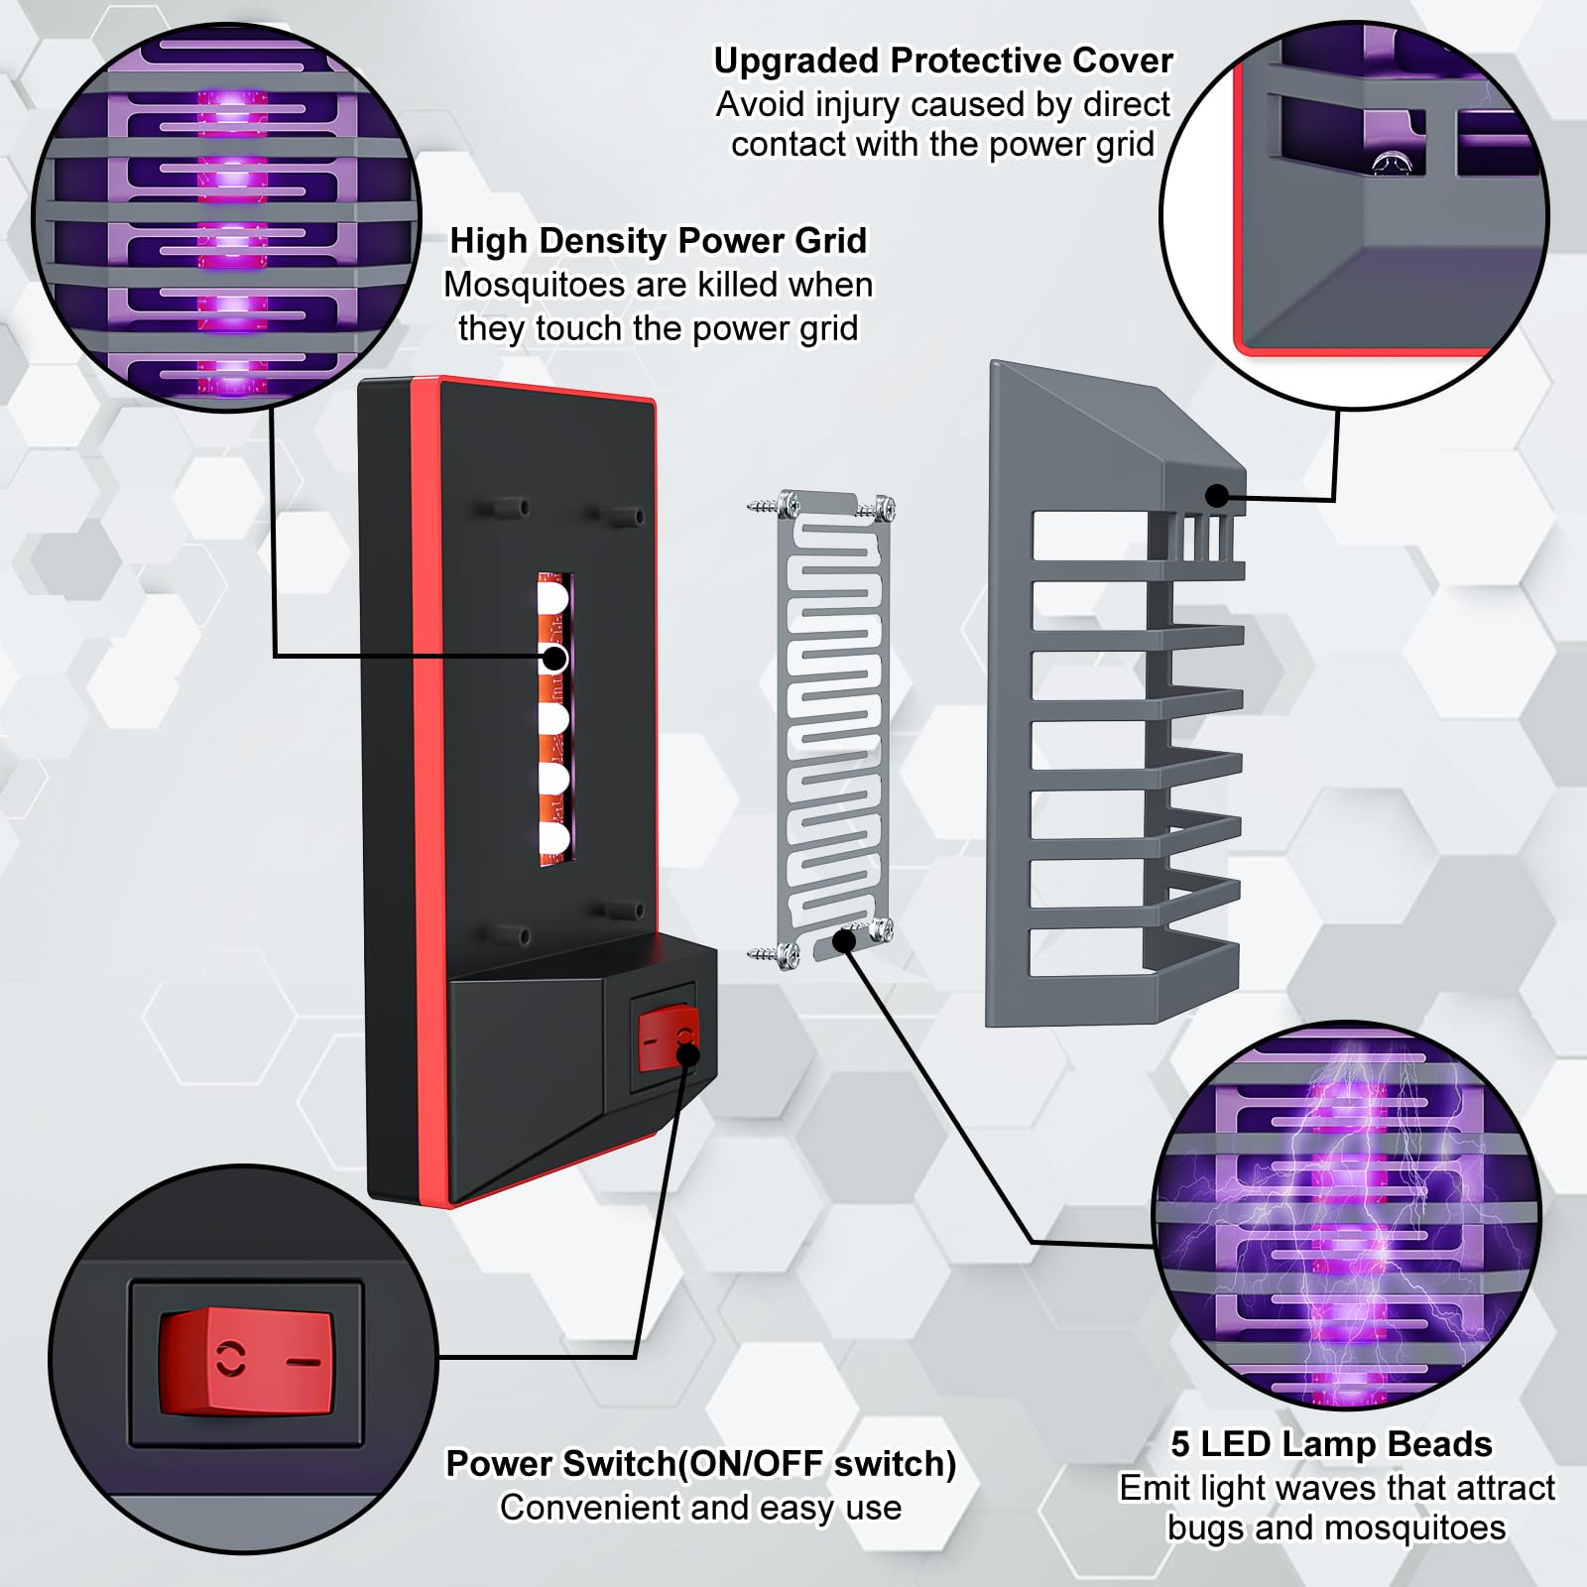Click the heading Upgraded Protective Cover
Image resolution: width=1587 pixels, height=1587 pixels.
943,61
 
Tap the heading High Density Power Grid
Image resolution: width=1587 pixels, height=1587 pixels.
659,241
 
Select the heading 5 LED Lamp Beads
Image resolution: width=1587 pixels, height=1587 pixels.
1331,1444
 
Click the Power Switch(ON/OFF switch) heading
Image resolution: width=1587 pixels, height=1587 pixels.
701,1464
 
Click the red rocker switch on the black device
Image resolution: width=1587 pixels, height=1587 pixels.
668,1038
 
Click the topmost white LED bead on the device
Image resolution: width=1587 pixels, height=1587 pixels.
552,598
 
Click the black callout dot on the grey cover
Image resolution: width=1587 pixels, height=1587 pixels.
1218,496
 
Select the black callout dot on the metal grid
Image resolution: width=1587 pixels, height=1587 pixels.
844,939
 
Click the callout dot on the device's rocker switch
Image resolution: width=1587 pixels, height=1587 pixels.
686,1051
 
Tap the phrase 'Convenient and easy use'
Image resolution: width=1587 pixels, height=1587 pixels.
701,1508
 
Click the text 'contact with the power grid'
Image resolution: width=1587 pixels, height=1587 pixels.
943,145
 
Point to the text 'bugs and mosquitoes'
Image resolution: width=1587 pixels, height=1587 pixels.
1336,1528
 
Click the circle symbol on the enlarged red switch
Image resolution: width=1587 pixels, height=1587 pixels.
231,1360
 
